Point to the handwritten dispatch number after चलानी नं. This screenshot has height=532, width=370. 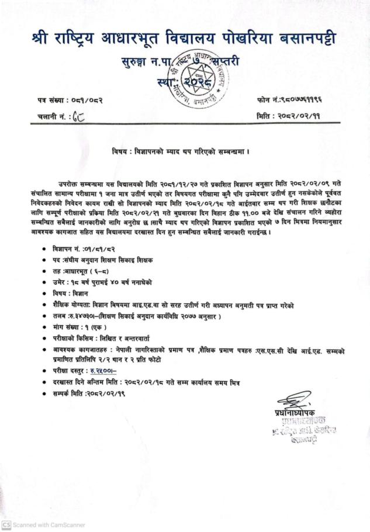79,117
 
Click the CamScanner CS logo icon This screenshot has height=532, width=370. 6,524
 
